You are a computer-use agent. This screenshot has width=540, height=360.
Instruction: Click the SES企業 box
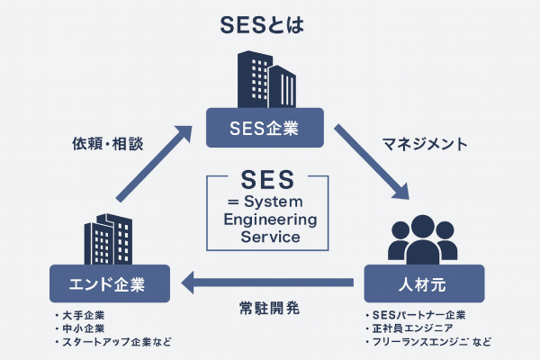click(266, 128)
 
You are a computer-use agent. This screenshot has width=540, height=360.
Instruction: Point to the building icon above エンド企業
click(107, 238)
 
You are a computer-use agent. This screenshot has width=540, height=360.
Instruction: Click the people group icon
click(423, 235)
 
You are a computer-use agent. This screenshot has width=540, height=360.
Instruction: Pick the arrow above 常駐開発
click(271, 286)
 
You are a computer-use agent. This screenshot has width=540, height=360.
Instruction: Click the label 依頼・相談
click(103, 144)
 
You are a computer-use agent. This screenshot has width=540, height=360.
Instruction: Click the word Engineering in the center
click(267, 220)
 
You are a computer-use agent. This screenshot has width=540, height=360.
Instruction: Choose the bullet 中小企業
click(84, 328)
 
